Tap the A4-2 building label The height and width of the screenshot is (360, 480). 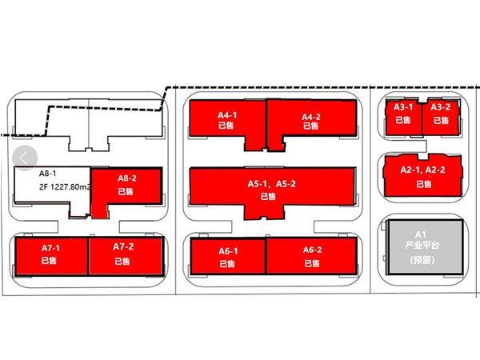tap(311, 117)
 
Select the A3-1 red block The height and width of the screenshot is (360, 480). tap(402, 114)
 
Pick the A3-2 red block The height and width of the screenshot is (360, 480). tap(441, 114)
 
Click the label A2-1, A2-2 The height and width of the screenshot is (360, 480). tap(422, 170)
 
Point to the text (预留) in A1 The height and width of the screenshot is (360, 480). tap(421, 260)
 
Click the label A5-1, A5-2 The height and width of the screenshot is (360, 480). tap(272, 184)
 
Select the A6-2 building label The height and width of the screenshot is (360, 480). tap(312, 250)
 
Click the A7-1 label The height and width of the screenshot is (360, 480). tap(51, 248)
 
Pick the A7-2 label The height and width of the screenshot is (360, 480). tap(122, 248)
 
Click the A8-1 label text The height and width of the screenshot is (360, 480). tap(48, 174)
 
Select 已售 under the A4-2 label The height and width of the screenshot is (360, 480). tap(311, 126)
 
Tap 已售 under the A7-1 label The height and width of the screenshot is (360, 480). tap(51, 261)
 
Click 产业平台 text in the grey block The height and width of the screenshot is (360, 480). tap(421, 247)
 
